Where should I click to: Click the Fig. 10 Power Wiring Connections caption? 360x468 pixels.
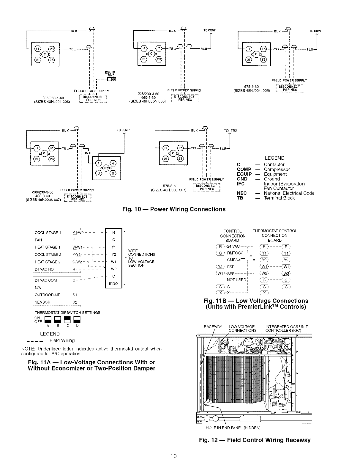click(174, 209)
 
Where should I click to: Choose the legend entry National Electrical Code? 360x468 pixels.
click(289, 193)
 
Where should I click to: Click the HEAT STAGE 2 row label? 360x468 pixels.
click(48, 262)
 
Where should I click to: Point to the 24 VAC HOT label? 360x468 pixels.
click(45, 269)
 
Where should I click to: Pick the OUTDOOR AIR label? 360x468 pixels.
click(48, 295)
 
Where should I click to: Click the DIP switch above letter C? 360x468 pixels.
click(68, 320)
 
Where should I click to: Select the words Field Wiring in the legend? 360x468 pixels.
click(62, 340)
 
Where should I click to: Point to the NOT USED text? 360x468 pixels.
click(236, 280)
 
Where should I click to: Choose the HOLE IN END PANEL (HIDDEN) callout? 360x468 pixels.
click(233, 428)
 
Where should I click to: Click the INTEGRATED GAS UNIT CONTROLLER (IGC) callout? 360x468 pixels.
click(286, 329)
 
